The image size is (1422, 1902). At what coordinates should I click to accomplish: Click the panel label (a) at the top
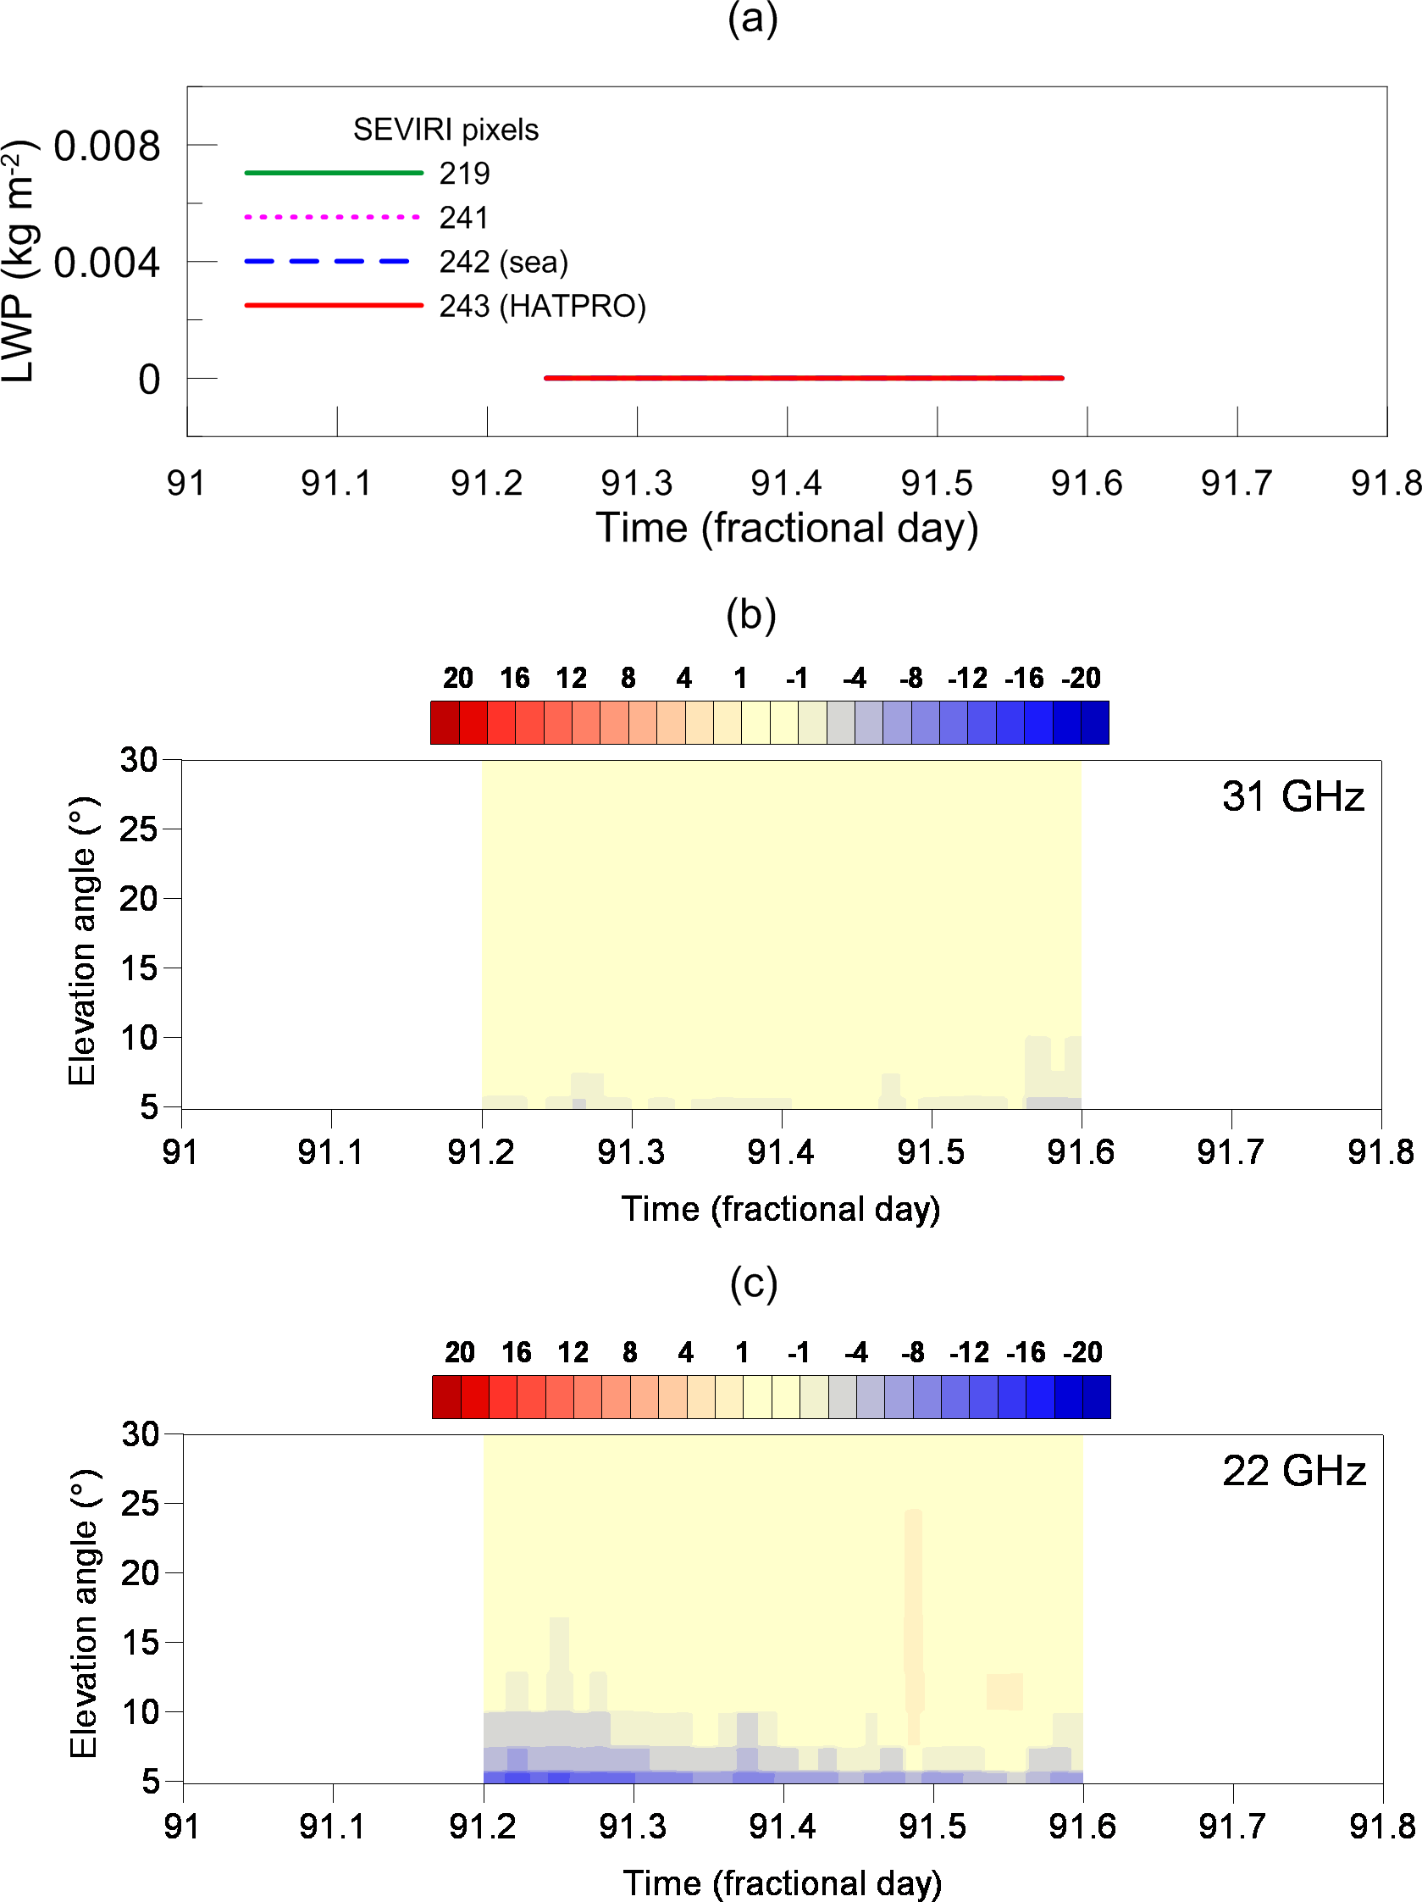(x=752, y=19)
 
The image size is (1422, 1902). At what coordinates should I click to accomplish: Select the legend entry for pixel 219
(x=464, y=174)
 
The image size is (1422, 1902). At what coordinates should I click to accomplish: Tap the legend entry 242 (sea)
(x=503, y=263)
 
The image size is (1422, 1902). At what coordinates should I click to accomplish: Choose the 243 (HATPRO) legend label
(x=542, y=306)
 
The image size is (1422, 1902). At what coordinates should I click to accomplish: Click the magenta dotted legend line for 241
(x=333, y=218)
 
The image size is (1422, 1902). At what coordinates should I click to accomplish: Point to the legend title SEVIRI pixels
(x=445, y=130)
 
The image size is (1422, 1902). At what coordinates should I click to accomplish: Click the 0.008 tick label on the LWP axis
(x=107, y=147)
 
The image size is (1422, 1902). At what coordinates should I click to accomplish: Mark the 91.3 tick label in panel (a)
(x=636, y=483)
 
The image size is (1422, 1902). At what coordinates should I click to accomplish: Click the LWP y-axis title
(x=19, y=262)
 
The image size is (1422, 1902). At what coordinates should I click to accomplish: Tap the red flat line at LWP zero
(x=804, y=378)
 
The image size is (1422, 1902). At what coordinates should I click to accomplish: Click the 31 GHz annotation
(x=1292, y=796)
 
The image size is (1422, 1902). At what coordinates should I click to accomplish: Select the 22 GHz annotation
(x=1294, y=1472)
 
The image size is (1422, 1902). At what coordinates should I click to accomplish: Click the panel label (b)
(x=750, y=616)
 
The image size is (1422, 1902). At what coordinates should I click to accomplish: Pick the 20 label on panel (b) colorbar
(x=458, y=679)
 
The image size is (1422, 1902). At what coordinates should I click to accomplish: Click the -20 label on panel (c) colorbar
(x=1082, y=1352)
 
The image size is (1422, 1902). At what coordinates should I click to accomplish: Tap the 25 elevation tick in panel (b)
(x=138, y=829)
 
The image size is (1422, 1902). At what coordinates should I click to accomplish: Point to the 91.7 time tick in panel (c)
(x=1232, y=1826)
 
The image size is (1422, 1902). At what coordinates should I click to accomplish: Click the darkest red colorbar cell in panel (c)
(x=446, y=1397)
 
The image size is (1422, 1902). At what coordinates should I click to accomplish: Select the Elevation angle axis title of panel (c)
(x=83, y=1614)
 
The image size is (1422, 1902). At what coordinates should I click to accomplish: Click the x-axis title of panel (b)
(x=781, y=1209)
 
